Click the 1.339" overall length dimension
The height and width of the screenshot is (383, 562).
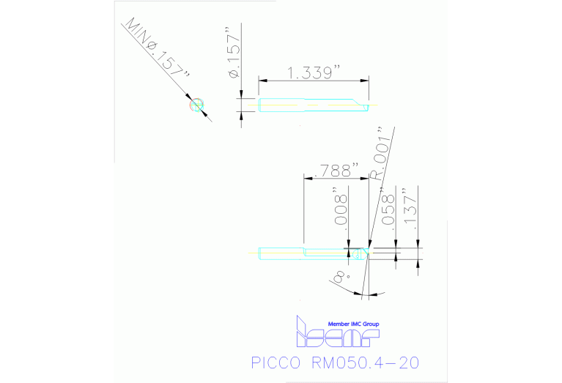pos(315,72)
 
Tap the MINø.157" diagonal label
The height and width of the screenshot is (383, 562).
pos(158,51)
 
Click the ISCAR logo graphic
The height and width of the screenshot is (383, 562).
pos(336,335)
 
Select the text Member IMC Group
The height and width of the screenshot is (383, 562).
pos(353,324)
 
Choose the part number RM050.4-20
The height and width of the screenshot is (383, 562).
pos(366,363)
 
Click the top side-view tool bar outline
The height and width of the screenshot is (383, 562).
pos(293,105)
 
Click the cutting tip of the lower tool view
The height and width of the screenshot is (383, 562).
pos(362,253)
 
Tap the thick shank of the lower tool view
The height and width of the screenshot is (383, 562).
pos(282,254)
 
